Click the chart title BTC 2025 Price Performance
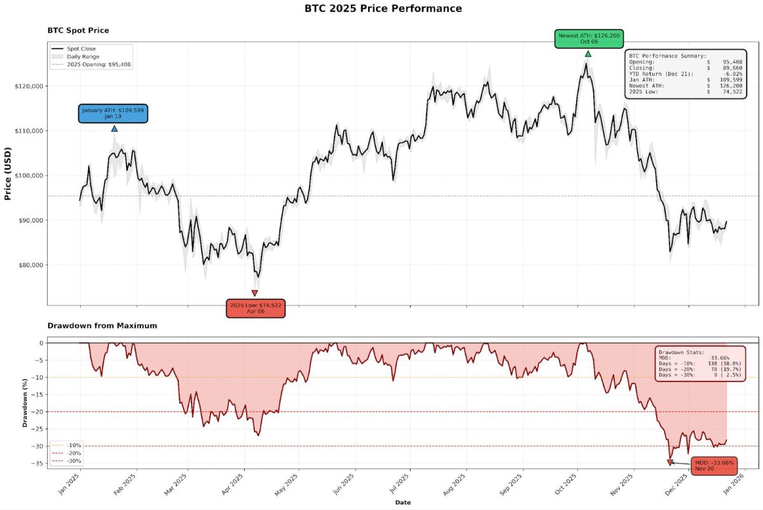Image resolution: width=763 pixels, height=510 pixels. click(382, 9)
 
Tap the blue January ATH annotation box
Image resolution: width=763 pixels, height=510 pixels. click(113, 113)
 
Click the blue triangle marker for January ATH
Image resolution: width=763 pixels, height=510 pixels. click(114, 128)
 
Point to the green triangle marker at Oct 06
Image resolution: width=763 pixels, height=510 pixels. click(588, 54)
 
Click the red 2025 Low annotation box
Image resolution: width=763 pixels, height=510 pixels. click(255, 308)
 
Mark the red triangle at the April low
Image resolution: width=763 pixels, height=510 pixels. click(255, 293)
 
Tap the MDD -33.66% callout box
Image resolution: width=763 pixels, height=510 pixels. click(714, 465)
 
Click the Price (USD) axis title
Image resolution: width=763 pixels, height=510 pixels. click(9, 175)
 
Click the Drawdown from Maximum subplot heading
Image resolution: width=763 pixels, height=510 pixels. click(102, 326)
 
